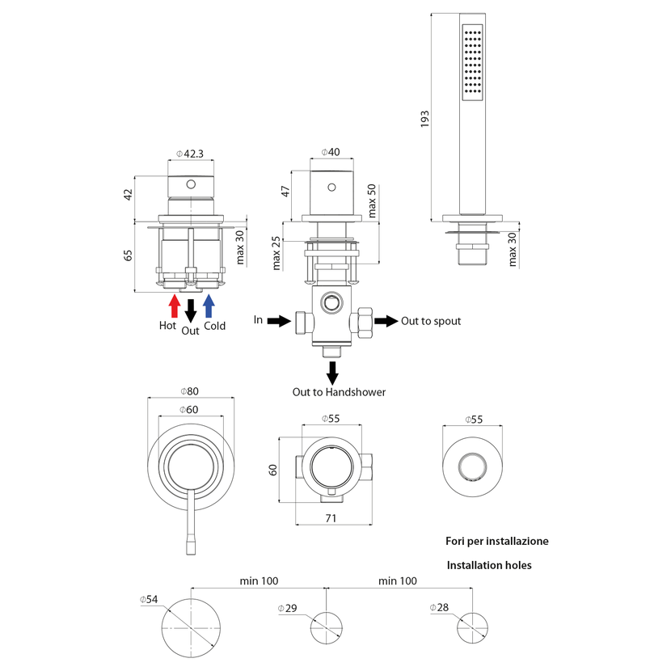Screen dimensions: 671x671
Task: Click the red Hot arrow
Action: click(174, 306)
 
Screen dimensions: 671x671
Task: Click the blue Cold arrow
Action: click(209, 306)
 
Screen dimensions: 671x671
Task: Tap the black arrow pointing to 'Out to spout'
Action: click(386, 321)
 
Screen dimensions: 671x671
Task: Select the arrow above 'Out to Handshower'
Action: click(332, 373)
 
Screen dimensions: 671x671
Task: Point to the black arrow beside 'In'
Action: click(279, 320)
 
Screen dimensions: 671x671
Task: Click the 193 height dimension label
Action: click(424, 119)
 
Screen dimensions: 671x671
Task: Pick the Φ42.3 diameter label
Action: click(190, 154)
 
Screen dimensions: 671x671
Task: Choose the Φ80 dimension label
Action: click(189, 391)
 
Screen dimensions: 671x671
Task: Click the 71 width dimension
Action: click(331, 518)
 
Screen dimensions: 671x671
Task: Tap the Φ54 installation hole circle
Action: click(191, 599)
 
